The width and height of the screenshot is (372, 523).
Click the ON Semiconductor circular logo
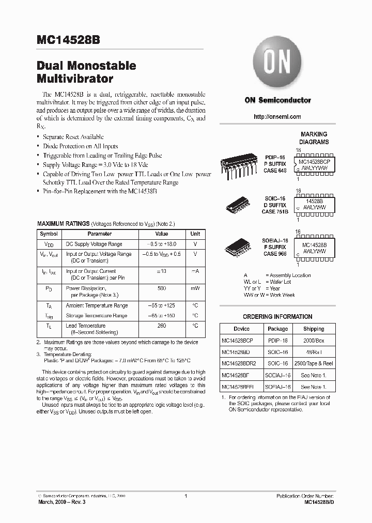point(277,65)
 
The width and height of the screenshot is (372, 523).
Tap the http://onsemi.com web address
point(277,117)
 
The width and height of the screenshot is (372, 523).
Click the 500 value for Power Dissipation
point(162,288)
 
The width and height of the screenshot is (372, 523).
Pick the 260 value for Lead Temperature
point(162,326)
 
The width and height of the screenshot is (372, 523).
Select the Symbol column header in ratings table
point(49,234)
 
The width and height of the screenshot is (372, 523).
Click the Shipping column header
point(314,329)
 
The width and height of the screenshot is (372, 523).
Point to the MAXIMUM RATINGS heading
point(63,223)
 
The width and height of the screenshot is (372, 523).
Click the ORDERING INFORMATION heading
point(277,317)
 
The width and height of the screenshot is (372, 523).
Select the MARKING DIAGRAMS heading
point(314,138)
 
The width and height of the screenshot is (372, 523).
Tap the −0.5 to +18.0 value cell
point(162,244)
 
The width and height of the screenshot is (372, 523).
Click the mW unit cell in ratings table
point(195,288)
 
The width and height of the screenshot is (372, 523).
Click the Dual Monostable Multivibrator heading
point(86,73)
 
